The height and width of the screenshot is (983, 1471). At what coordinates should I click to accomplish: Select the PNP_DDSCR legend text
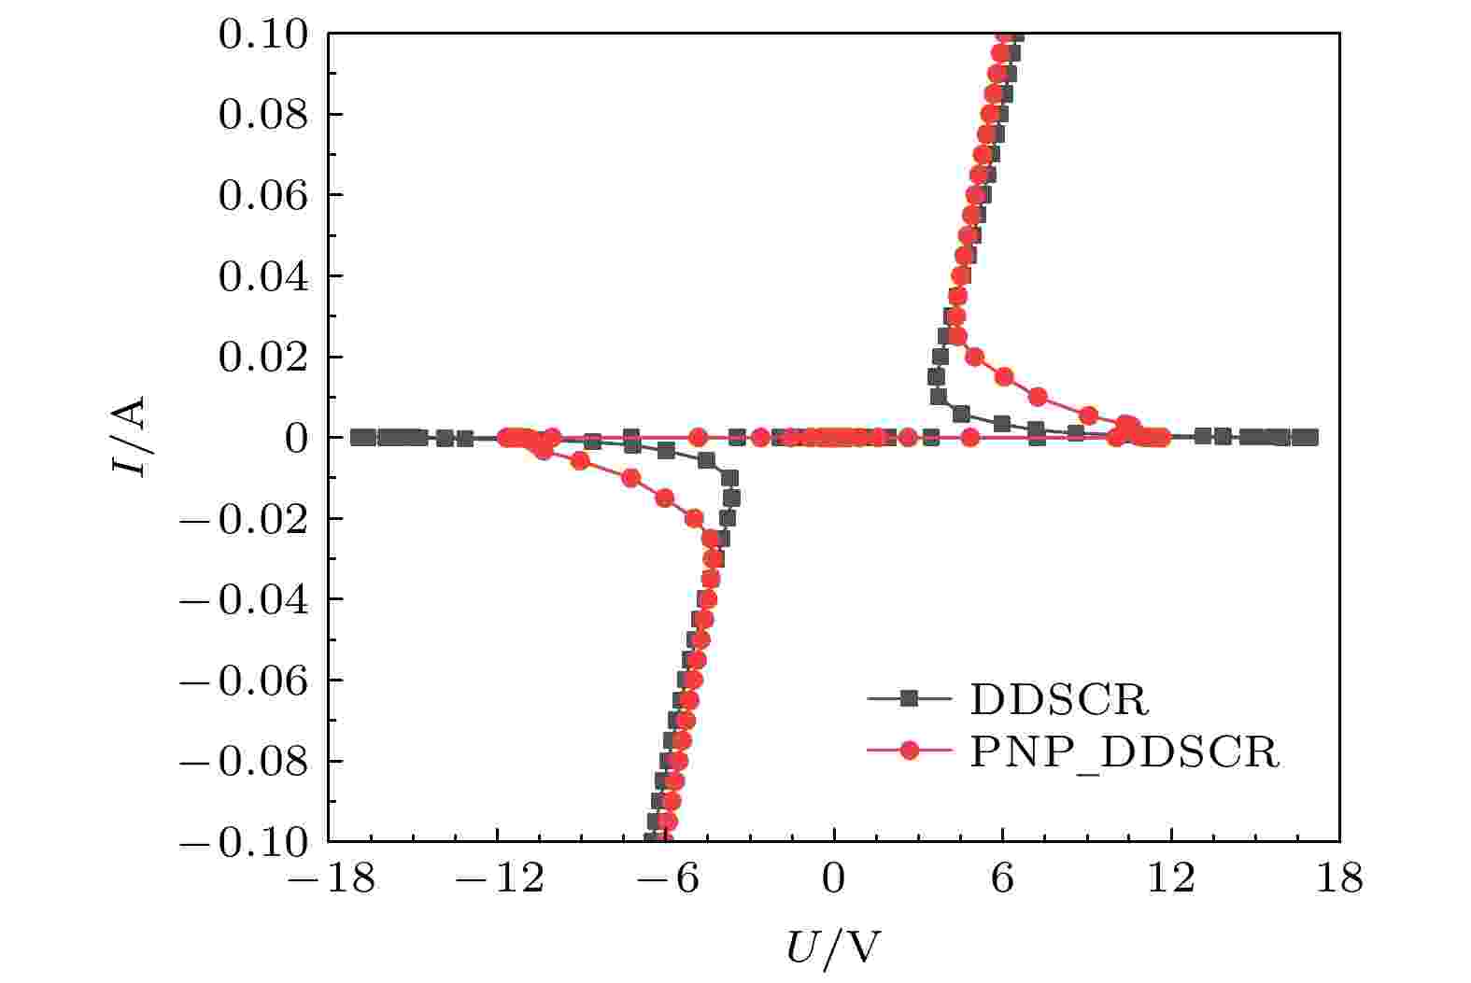tap(1124, 751)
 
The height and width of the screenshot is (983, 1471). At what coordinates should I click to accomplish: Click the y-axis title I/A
tap(129, 437)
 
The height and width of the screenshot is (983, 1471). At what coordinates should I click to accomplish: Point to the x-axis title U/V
tap(833, 948)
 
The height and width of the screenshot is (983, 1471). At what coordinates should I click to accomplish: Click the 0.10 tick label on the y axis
tap(263, 35)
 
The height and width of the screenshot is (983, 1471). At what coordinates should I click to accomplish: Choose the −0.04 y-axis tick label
tap(244, 599)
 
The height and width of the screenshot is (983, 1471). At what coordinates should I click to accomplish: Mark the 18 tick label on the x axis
tap(1340, 879)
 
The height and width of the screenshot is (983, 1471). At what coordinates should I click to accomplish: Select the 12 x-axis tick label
tap(1171, 879)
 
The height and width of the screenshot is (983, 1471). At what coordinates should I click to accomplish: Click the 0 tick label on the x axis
tap(833, 879)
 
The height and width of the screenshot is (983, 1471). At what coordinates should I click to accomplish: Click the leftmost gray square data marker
tap(358, 437)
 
